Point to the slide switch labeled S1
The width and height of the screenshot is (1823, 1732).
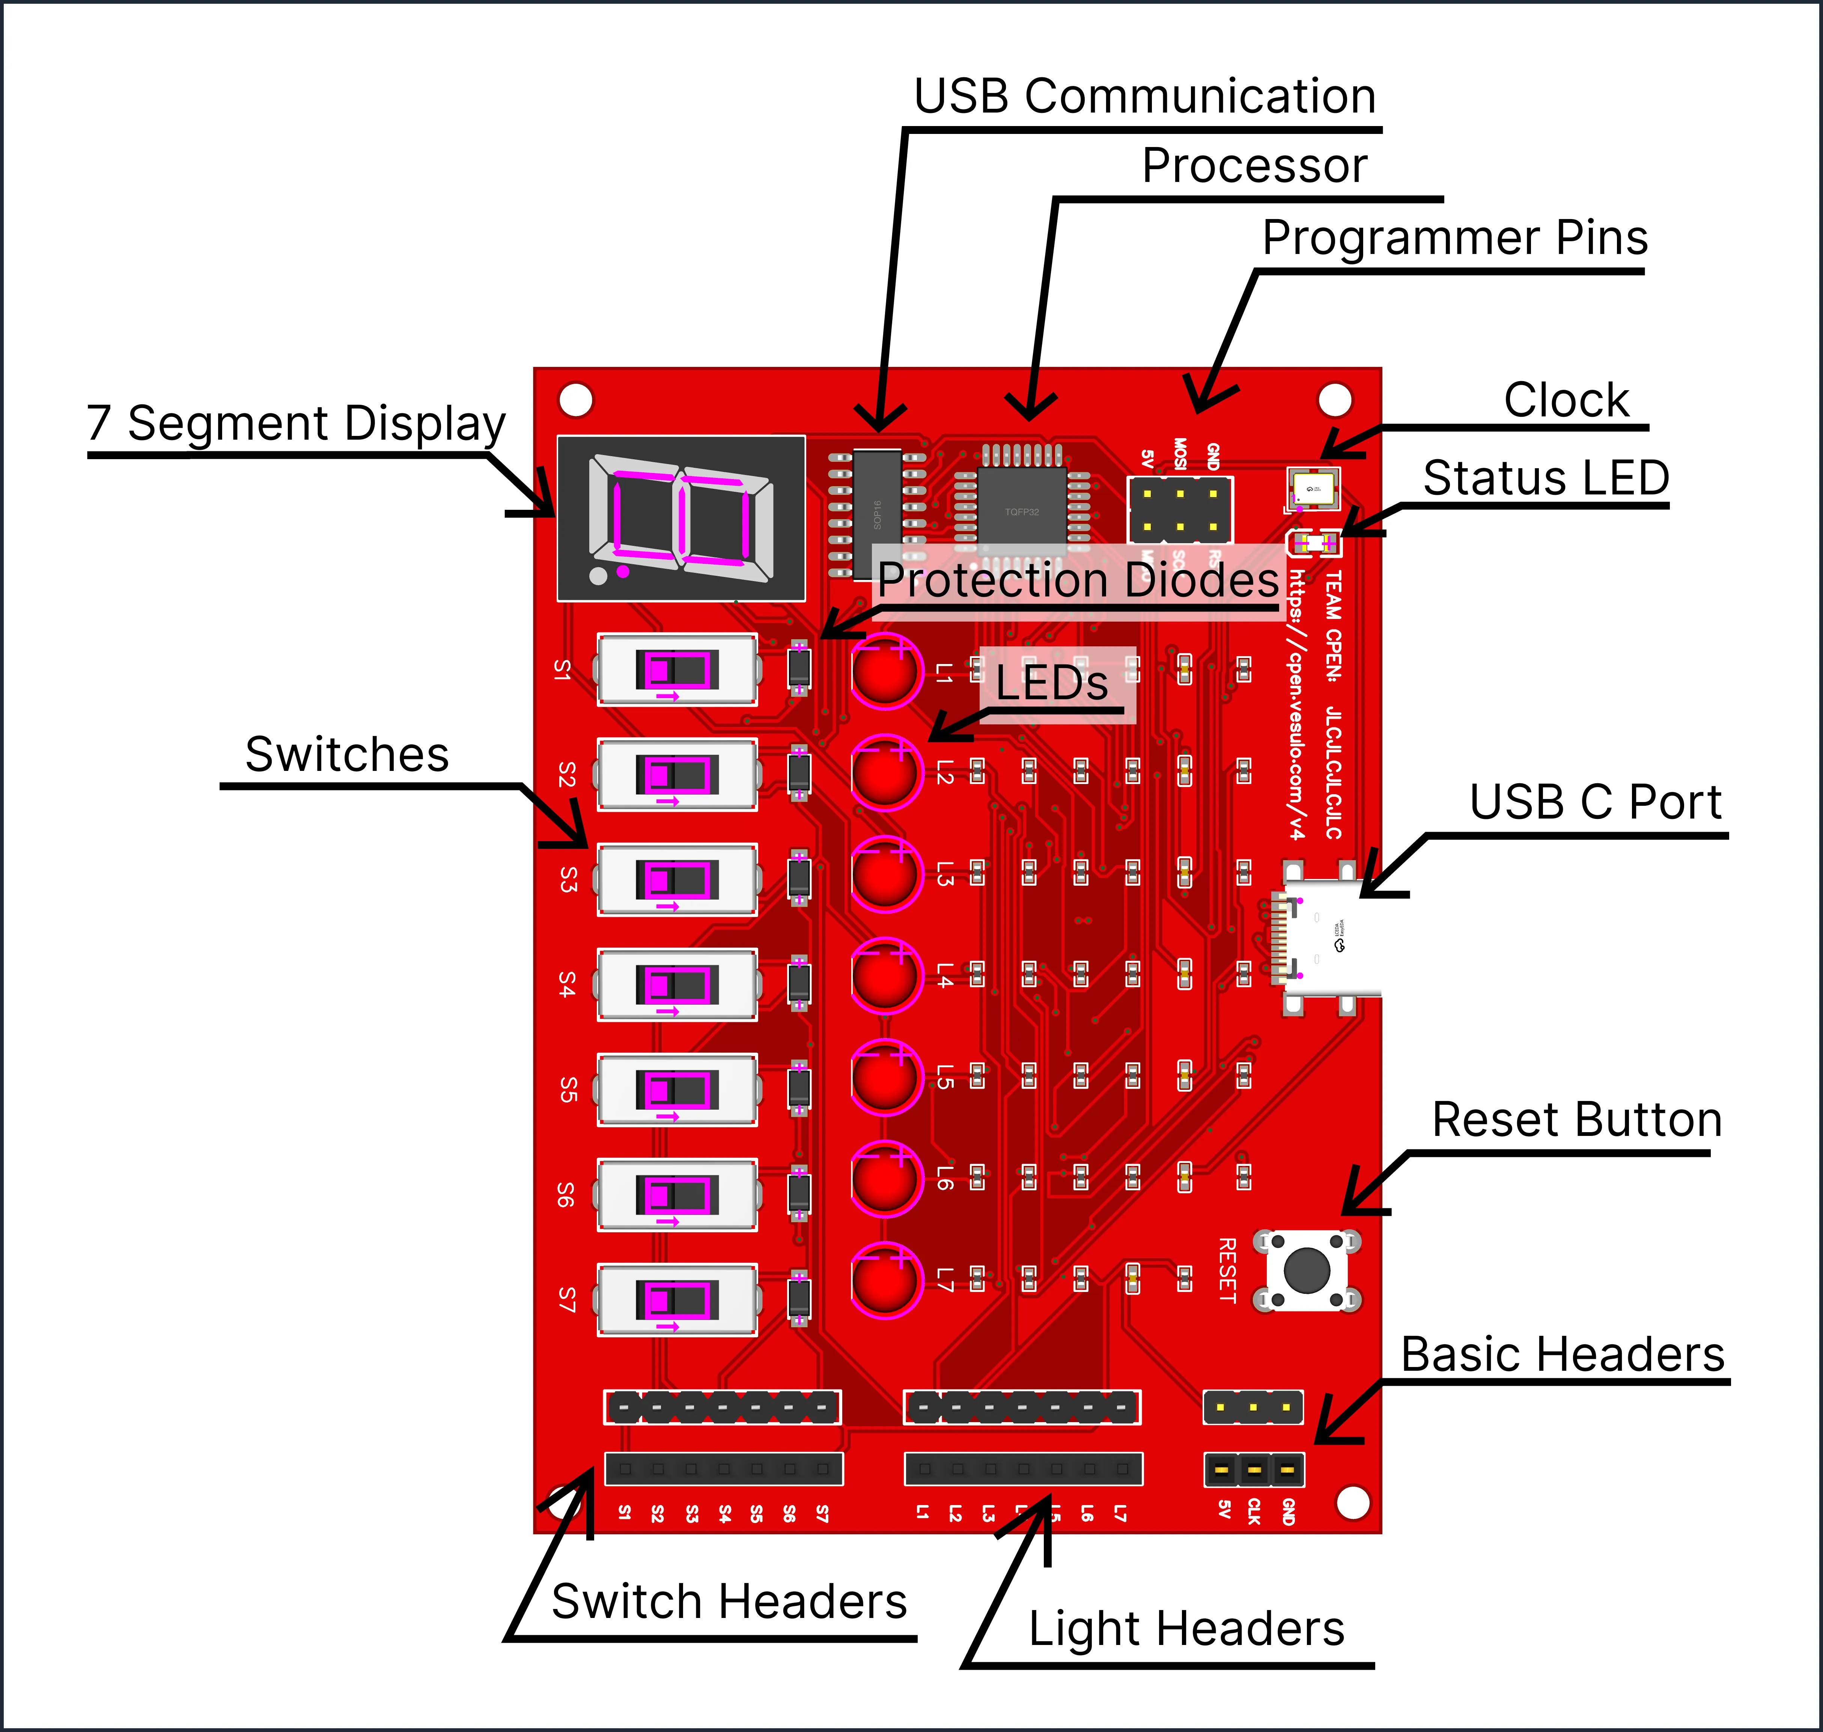677,669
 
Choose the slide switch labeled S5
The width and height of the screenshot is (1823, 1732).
677,1089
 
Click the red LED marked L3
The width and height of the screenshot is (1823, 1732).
885,873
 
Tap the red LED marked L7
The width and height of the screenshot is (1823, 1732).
885,1280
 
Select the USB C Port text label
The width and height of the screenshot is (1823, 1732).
1595,801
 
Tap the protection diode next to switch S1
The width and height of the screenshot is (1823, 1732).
799,667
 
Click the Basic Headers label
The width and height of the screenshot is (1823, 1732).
1562,1354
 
